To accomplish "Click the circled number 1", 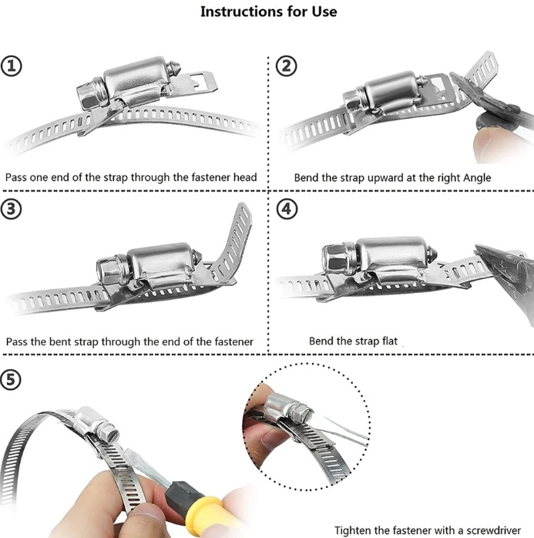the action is pyautogui.click(x=12, y=66).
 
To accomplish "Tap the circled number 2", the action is pyautogui.click(x=287, y=66).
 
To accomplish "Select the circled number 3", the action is pyautogui.click(x=12, y=209).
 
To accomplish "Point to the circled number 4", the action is pyautogui.click(x=287, y=209).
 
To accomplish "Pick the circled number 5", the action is pyautogui.click(x=11, y=379).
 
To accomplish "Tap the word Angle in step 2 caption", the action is pyautogui.click(x=477, y=178).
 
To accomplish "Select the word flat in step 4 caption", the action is pyautogui.click(x=390, y=341).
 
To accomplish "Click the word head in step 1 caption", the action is pyautogui.click(x=245, y=177).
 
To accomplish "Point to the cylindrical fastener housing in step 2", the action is pyautogui.click(x=391, y=91).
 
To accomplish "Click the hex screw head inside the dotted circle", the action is pyautogui.click(x=300, y=413).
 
